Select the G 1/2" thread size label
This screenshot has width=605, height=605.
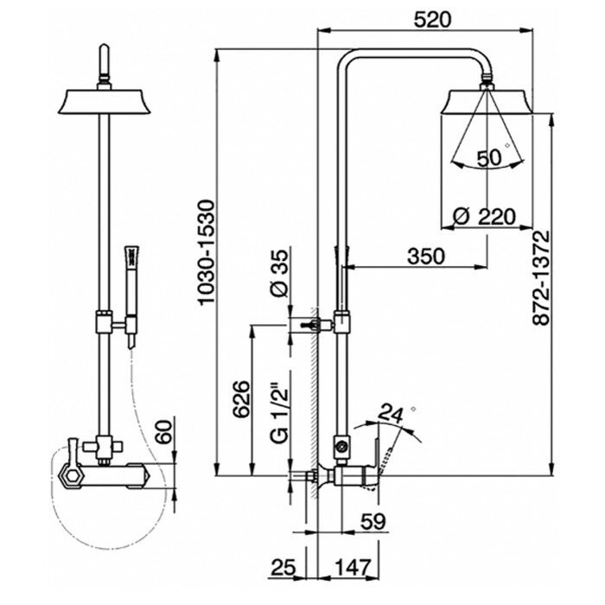pos(278,413)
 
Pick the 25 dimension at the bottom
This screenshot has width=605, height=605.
pos(282,568)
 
